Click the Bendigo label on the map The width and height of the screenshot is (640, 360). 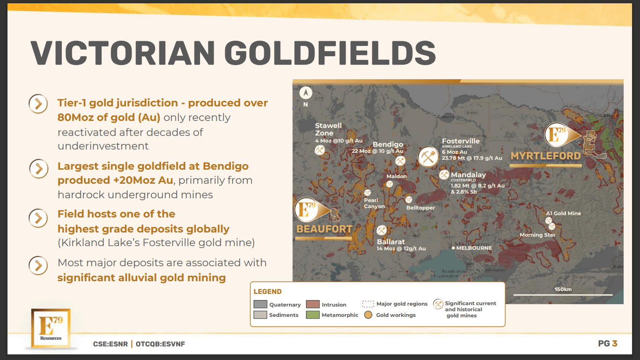[387, 144]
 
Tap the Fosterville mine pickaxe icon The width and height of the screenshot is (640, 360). [427, 157]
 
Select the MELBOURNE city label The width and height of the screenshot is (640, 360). [474, 248]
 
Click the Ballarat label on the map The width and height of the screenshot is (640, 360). [391, 242]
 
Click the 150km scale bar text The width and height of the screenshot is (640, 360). [563, 289]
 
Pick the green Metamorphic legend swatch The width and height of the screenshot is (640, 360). [313, 315]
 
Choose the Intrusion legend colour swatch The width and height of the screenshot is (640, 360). [313, 305]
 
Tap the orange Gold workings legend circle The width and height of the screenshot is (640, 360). [368, 315]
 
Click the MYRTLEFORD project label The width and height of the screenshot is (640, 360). [545, 156]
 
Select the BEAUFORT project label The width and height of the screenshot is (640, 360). [324, 229]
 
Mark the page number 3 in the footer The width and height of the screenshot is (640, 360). [615, 344]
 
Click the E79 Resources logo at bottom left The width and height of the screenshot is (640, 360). [50, 329]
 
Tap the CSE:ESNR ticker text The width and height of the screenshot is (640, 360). [110, 344]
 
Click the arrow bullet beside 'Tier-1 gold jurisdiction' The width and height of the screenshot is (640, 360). [38, 104]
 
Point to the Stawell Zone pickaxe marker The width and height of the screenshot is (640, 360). [320, 150]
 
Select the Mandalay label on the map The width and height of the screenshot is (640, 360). [468, 175]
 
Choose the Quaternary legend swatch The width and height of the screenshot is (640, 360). [260, 305]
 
